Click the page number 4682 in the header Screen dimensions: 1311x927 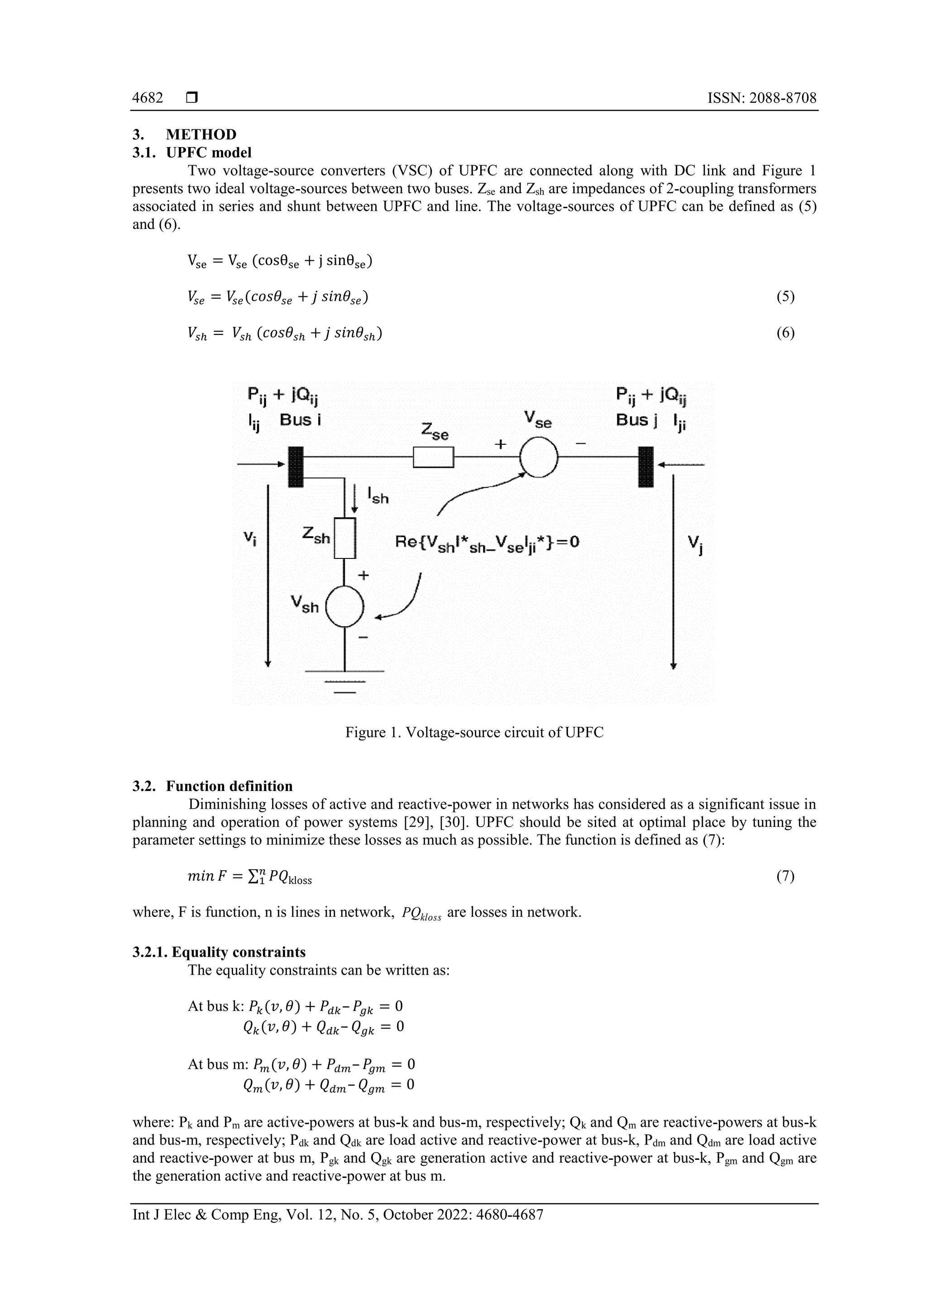(148, 98)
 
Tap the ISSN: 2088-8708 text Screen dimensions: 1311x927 (761, 98)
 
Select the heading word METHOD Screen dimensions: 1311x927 (201, 135)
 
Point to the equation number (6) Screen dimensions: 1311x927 (785, 333)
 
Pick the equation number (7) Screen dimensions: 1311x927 (785, 876)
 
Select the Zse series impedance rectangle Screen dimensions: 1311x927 (433, 457)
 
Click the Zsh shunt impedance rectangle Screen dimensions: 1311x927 (345, 538)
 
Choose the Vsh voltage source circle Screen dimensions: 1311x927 (344, 607)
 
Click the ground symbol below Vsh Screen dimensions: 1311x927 (344, 681)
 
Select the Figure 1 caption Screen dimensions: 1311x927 (474, 733)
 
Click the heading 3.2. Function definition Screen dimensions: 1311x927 (212, 786)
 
